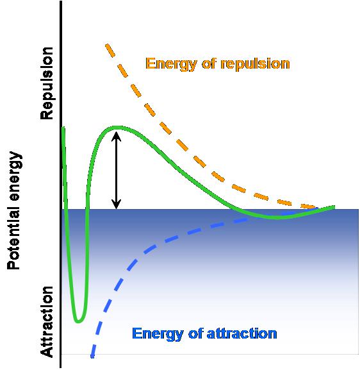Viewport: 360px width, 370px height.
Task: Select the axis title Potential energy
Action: click(14, 210)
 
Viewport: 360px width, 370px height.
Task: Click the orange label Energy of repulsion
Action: click(218, 63)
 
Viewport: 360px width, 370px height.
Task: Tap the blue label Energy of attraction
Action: click(204, 333)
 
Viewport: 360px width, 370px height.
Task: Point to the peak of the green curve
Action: click(117, 128)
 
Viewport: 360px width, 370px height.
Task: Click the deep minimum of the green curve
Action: click(78, 320)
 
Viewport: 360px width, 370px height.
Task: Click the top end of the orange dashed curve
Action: click(107, 45)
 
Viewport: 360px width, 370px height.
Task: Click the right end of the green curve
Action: click(333, 206)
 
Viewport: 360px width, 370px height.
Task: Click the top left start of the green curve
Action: click(63, 129)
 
